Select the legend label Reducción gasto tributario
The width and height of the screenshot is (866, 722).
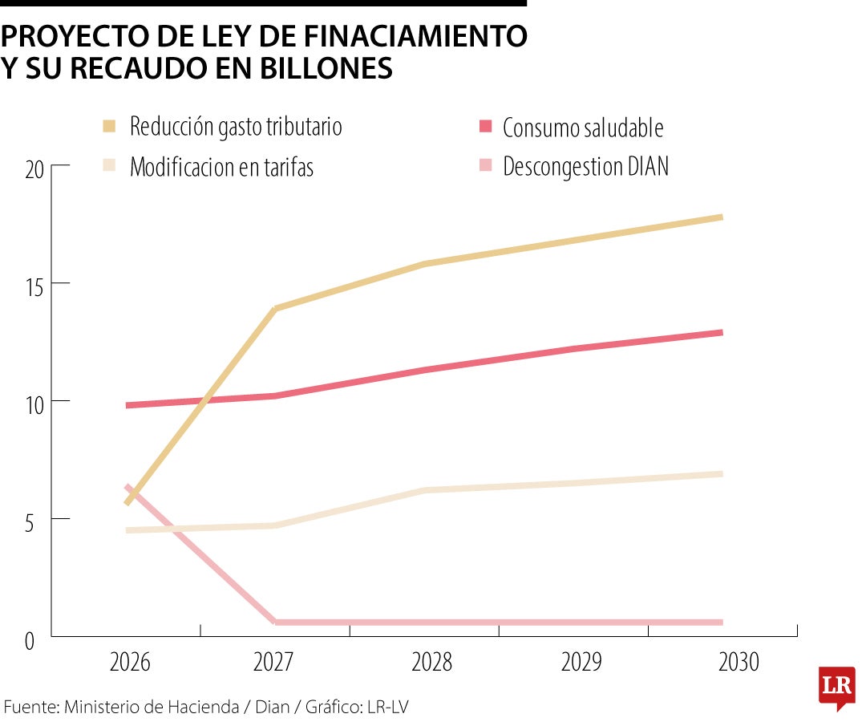(x=236, y=127)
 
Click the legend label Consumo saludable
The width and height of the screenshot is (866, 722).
(x=583, y=128)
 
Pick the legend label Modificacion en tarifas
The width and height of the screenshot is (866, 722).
(x=221, y=167)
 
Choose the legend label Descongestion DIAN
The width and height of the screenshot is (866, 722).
(x=585, y=166)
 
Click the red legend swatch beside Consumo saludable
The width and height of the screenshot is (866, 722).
(x=484, y=126)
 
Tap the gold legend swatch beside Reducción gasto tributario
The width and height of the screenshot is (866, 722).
(x=110, y=126)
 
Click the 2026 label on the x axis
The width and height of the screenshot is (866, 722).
(x=130, y=663)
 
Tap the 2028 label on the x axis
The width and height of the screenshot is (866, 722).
(x=431, y=663)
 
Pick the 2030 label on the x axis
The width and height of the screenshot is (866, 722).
(x=739, y=663)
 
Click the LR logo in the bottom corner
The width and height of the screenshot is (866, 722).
(x=836, y=686)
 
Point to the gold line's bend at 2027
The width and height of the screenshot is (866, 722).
(x=275, y=309)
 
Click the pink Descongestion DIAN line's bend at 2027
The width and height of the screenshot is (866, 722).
(x=275, y=622)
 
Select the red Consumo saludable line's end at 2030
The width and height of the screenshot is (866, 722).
(x=721, y=332)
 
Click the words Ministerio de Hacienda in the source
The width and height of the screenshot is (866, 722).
(x=152, y=707)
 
